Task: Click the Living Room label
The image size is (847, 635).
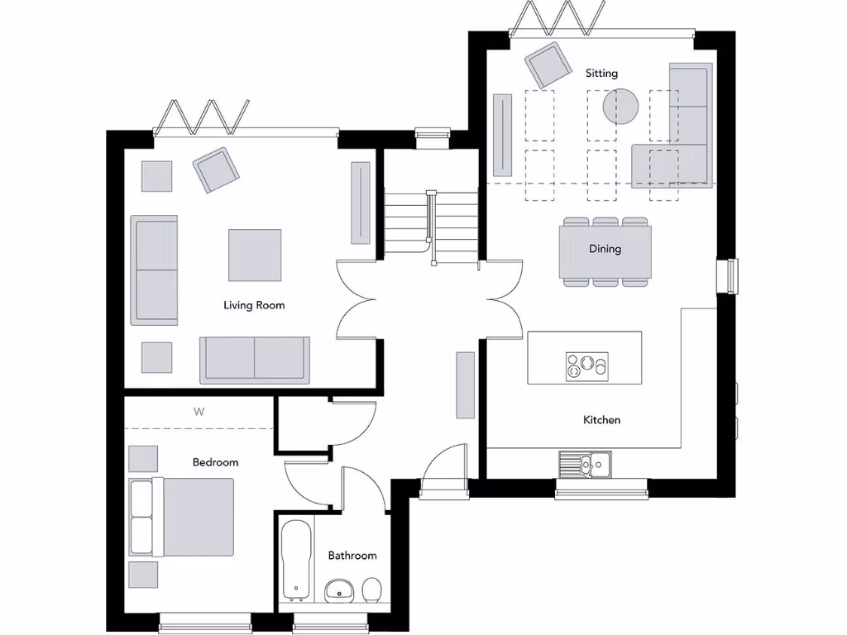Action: (x=254, y=305)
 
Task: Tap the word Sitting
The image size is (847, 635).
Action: (x=601, y=74)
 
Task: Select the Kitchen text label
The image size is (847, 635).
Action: (x=601, y=420)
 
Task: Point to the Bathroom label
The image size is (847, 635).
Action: (x=352, y=556)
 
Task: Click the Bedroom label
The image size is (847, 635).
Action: (x=215, y=462)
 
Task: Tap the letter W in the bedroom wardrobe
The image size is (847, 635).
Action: (x=199, y=411)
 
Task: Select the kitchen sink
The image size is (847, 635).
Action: (x=584, y=465)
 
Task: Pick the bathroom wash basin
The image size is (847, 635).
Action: (x=338, y=590)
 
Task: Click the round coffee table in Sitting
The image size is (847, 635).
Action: (x=620, y=106)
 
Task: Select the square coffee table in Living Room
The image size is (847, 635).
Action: (x=255, y=255)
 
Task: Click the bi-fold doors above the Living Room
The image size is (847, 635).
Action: (x=201, y=117)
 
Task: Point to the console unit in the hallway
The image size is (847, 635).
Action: (x=466, y=384)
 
